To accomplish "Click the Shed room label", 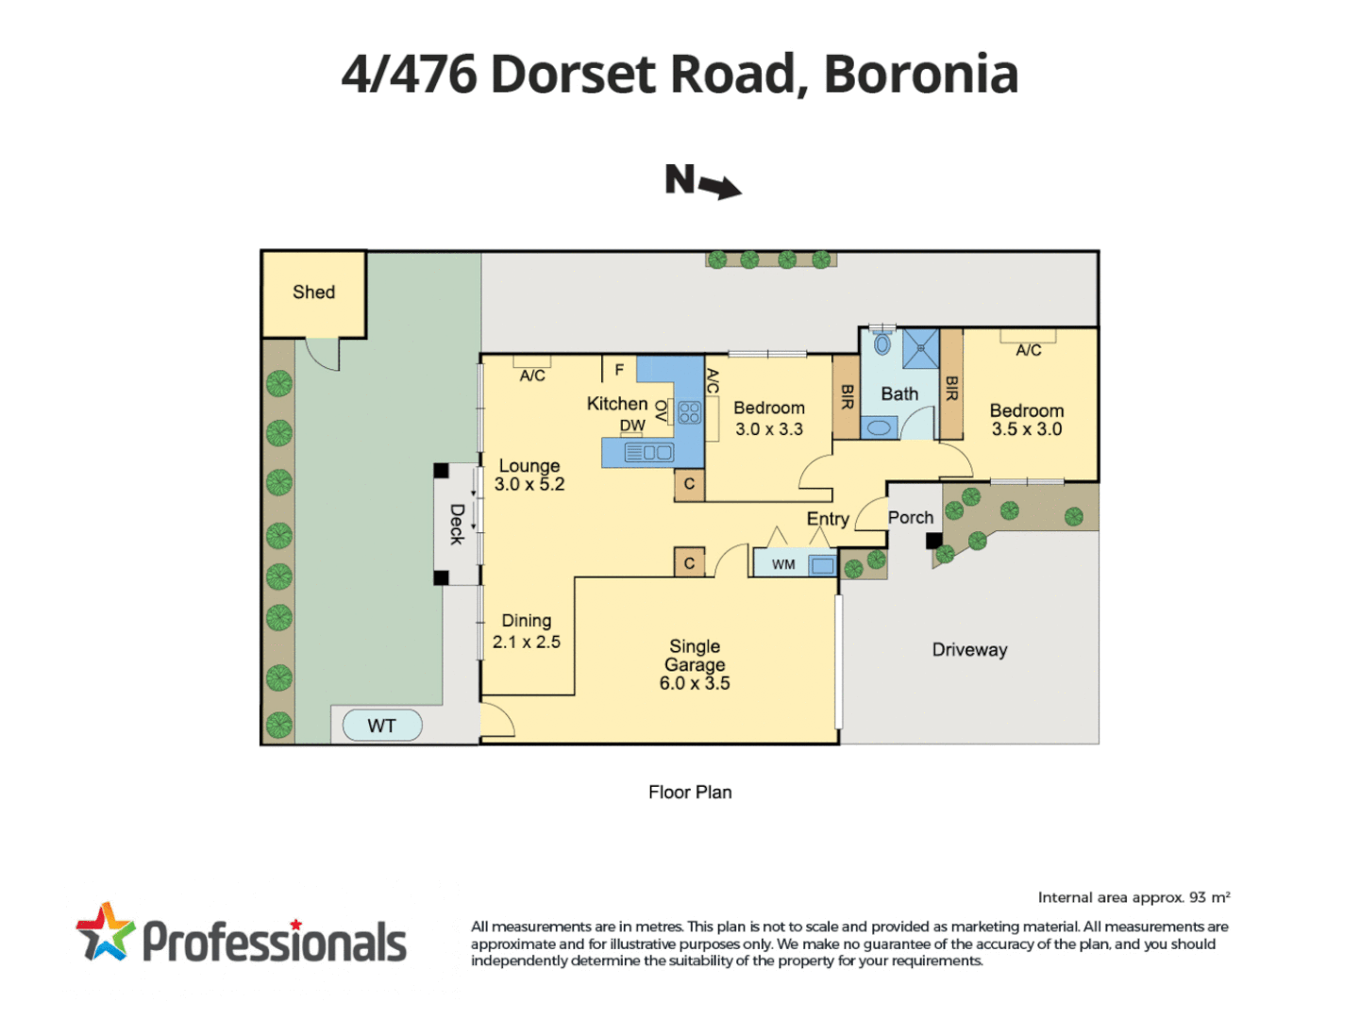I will (x=313, y=292).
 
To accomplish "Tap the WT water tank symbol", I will (x=381, y=726).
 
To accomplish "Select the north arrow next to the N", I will (x=722, y=187).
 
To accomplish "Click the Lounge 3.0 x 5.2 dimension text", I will (x=529, y=484).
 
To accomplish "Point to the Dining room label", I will (x=526, y=621).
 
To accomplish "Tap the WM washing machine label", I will (x=783, y=564).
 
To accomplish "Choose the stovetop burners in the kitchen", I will (x=689, y=412).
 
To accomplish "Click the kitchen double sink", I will (x=649, y=453).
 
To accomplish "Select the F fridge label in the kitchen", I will (x=619, y=370).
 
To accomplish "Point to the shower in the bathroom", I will (x=920, y=349).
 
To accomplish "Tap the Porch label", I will (x=910, y=517).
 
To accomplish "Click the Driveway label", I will (x=969, y=650).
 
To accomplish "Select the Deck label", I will (x=456, y=524).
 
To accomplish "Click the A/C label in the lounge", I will (x=532, y=376).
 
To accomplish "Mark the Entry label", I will (x=827, y=519).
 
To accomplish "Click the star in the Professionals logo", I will (x=105, y=932).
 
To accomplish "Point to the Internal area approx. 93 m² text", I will (x=1133, y=897).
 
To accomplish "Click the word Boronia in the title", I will (x=920, y=74).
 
